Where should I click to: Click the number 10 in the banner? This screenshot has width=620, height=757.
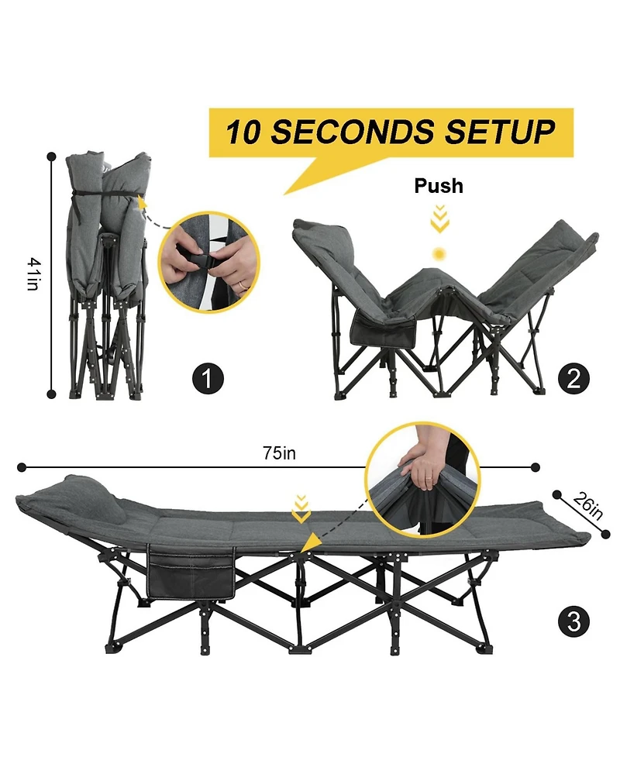[x=243, y=132]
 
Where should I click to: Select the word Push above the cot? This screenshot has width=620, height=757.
[x=439, y=186]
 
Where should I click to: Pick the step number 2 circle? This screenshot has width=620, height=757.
[x=573, y=379]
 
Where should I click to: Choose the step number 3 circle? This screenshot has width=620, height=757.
[x=573, y=621]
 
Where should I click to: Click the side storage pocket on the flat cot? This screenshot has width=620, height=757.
[x=190, y=573]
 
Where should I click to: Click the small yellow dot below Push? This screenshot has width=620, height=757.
[x=439, y=254]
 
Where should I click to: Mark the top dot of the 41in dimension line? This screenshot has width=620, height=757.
[x=52, y=155]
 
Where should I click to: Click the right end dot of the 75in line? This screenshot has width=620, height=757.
[x=535, y=467]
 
